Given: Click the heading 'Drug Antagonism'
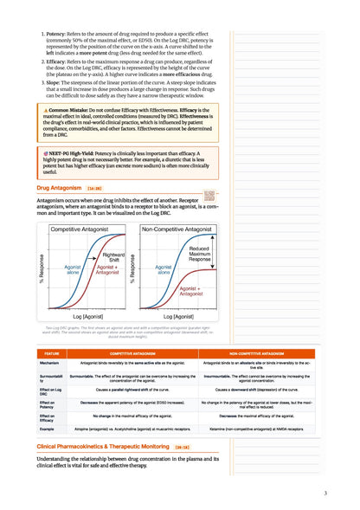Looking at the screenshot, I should point(59,187).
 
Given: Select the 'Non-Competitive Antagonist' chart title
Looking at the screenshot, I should point(177,229).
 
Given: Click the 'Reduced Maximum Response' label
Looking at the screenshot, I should point(199,254).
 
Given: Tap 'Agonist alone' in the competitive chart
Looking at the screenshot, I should point(74,271).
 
